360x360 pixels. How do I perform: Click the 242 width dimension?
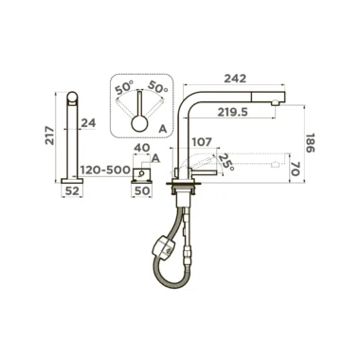pyautogui.click(x=235, y=79)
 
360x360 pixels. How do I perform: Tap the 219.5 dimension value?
pyautogui.click(x=232, y=112)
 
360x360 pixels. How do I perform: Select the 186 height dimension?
pyautogui.click(x=310, y=143)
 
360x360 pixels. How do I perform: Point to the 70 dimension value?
pyautogui.click(x=296, y=168)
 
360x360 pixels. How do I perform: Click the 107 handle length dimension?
pyautogui.click(x=202, y=142)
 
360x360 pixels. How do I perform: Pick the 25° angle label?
pyautogui.click(x=226, y=162)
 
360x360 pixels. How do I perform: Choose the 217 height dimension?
pyautogui.click(x=49, y=135)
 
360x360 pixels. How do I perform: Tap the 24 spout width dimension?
pyautogui.click(x=88, y=123)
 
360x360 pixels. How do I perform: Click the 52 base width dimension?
pyautogui.click(x=72, y=190)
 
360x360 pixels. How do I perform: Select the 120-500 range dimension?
pyautogui.click(x=105, y=170)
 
